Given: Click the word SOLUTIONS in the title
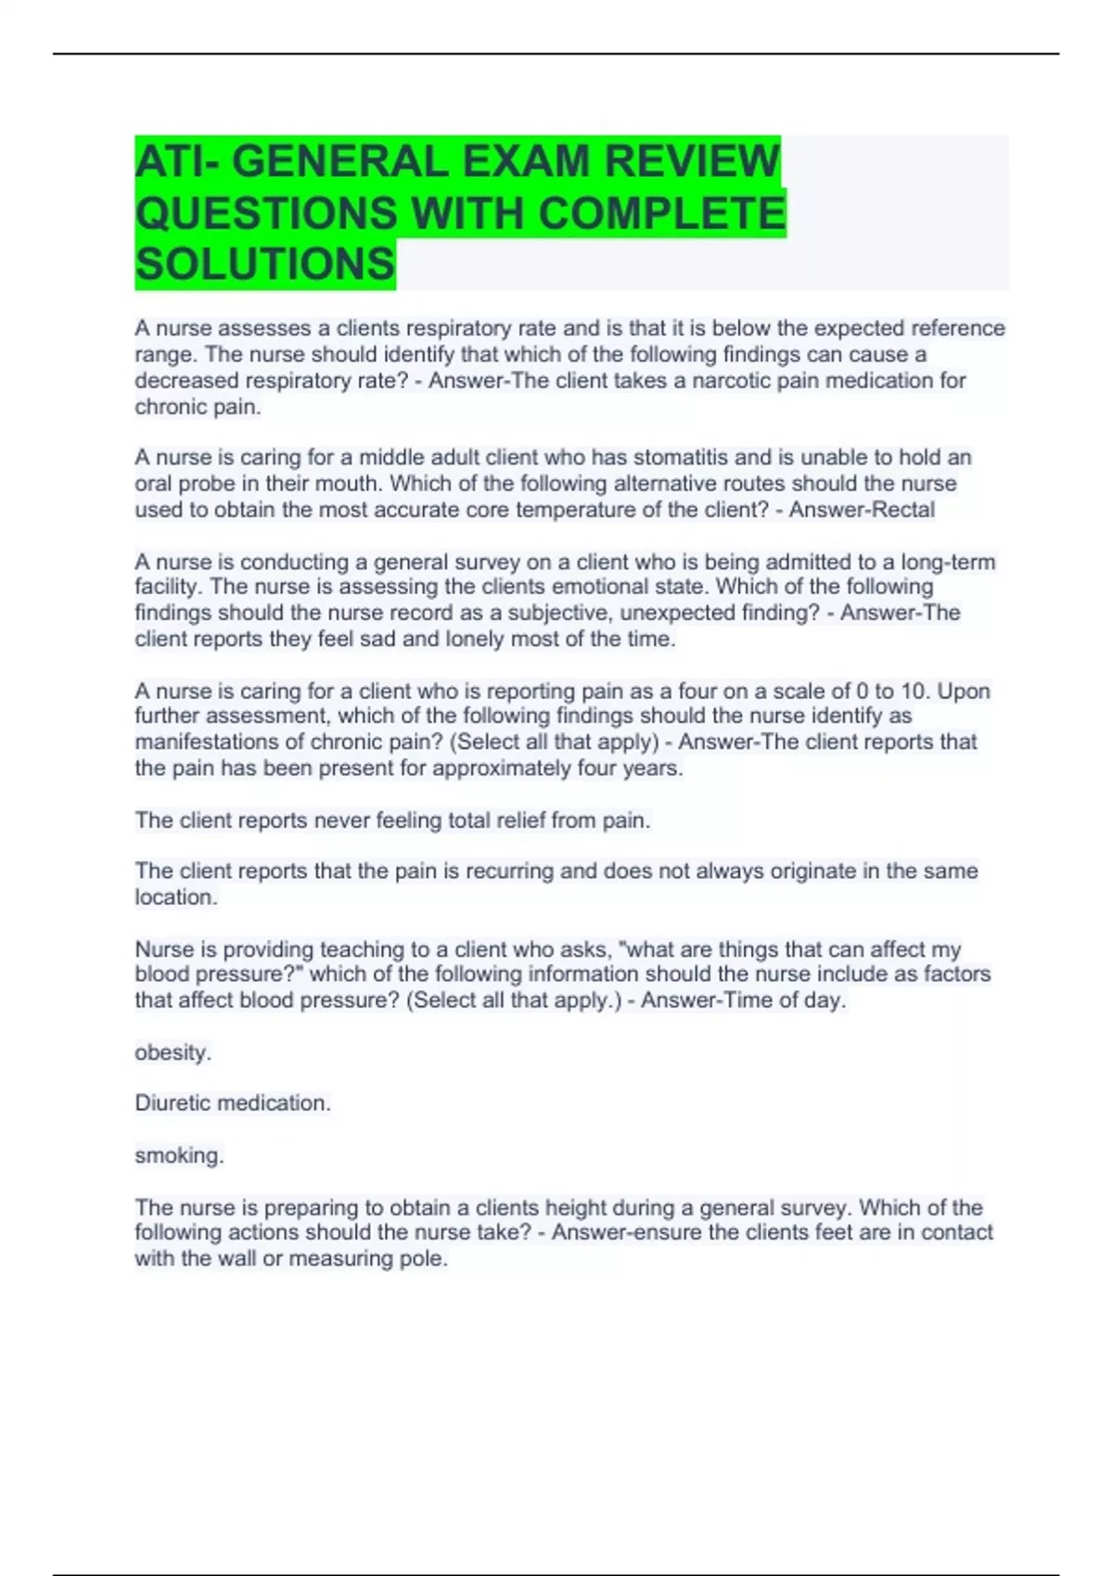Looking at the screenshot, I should [265, 264].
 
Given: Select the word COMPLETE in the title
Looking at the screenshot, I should [661, 213].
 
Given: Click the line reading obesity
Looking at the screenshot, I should [173, 1052].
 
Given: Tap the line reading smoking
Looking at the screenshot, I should [179, 1155].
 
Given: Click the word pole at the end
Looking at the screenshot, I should [427, 1259].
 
